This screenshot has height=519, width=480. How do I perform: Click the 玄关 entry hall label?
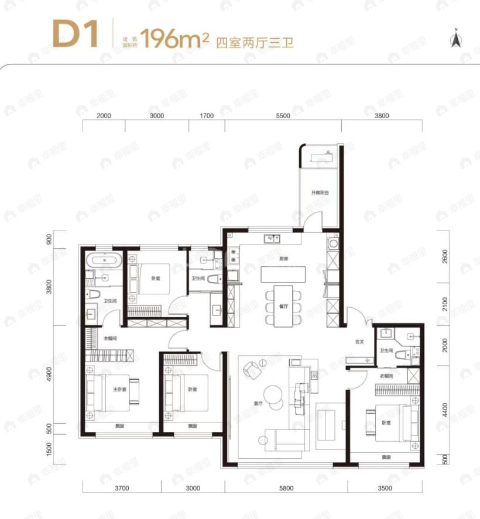pos(359,342)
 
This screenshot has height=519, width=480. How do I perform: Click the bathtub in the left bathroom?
pos(104,260)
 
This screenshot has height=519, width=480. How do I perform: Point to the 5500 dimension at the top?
pos(283,116)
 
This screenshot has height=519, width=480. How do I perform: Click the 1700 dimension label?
pos(206,116)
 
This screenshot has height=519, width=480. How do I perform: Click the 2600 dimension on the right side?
pos(445,256)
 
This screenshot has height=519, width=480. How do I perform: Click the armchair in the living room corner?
pos(252,367)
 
